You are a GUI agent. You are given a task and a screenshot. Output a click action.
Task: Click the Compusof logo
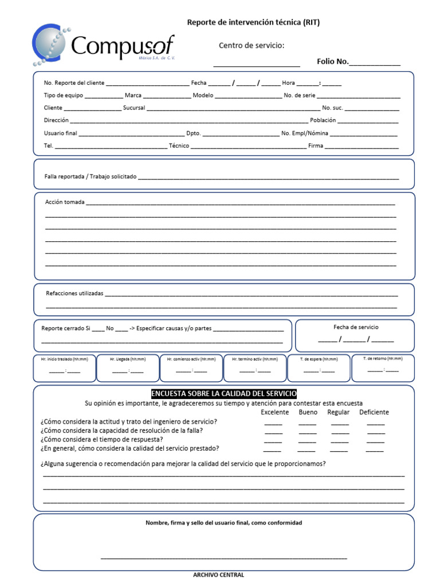pos(103,45)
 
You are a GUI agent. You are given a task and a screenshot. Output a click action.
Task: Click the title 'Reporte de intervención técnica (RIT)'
pos(253,22)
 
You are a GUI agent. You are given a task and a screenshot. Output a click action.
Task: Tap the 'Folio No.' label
pos(333,61)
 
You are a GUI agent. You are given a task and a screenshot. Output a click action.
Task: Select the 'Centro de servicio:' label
pos(252,46)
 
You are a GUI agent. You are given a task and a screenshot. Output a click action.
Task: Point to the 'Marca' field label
pos(133,95)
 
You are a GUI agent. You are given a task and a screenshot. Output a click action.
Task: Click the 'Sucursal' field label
pos(134,108)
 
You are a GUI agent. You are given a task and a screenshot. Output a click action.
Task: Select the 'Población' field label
pos(323,120)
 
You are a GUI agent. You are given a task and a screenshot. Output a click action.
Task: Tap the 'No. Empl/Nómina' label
pos(305,133)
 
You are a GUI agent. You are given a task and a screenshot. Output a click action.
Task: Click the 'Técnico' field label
pos(179,146)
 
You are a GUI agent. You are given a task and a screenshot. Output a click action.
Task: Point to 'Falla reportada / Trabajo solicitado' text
pos(91,177)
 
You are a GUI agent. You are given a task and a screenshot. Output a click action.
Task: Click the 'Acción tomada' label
pos(65,202)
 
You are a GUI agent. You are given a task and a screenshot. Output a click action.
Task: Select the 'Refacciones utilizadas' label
pos(74,293)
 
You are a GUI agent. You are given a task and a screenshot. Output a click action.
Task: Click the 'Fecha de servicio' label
pos(356,327)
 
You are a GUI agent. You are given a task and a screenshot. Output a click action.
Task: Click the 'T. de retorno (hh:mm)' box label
pos(383,358)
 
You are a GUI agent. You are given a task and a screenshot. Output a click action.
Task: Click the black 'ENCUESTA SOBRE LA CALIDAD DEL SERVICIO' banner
pos(223,394)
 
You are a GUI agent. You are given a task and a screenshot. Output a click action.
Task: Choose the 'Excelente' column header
pos(275,412)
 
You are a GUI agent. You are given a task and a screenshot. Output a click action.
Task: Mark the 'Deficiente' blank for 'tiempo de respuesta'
pos(375,441)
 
